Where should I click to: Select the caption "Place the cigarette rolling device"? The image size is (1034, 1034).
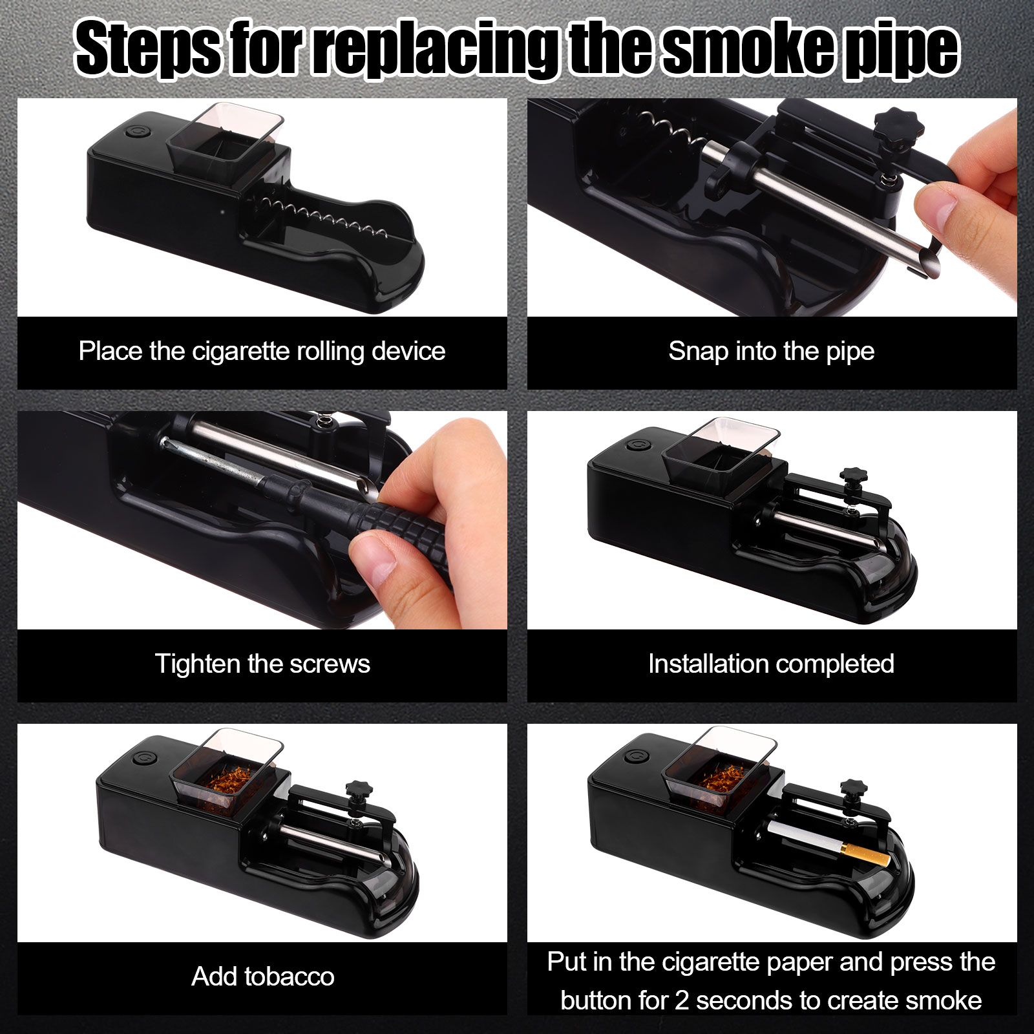pos(262,352)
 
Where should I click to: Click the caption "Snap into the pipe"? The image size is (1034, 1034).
pos(772,352)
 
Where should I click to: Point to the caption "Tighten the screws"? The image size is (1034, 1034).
pos(262,664)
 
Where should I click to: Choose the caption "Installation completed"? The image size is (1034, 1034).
pos(772,664)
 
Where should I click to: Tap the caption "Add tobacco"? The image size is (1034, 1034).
pos(262,976)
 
